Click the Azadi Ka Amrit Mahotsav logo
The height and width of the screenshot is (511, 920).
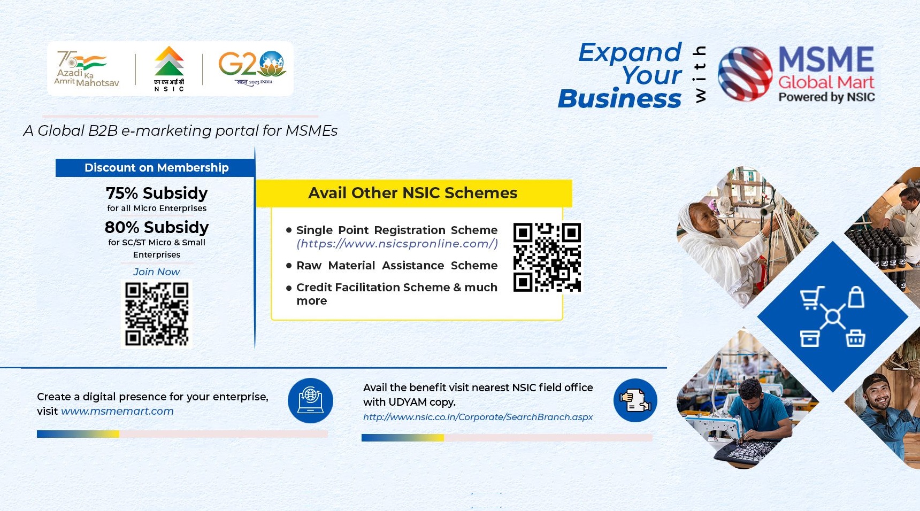pyautogui.click(x=85, y=69)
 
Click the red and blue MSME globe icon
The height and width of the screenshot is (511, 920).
pyautogui.click(x=745, y=74)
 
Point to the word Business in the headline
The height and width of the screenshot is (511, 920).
pyautogui.click(x=619, y=99)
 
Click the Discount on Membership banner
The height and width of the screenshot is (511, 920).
pyautogui.click(x=156, y=168)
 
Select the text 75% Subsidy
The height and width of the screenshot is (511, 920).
pyautogui.click(x=157, y=193)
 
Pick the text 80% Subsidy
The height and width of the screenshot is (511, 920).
pyautogui.click(x=157, y=227)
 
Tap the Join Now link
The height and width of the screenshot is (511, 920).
pyautogui.click(x=156, y=272)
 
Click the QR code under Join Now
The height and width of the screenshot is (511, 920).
pyautogui.click(x=157, y=314)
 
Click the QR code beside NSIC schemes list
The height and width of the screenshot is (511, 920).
pyautogui.click(x=547, y=257)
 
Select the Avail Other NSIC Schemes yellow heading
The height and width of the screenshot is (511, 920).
pyautogui.click(x=413, y=193)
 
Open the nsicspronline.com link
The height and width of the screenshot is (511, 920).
pyautogui.click(x=397, y=244)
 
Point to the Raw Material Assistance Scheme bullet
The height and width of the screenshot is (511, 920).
pyautogui.click(x=396, y=266)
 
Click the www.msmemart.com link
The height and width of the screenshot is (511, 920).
pyautogui.click(x=117, y=412)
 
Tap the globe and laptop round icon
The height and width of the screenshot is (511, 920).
pyautogui.click(x=310, y=400)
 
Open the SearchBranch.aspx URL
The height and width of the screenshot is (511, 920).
pyautogui.click(x=478, y=417)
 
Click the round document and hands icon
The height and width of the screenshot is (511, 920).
pyautogui.click(x=635, y=400)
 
